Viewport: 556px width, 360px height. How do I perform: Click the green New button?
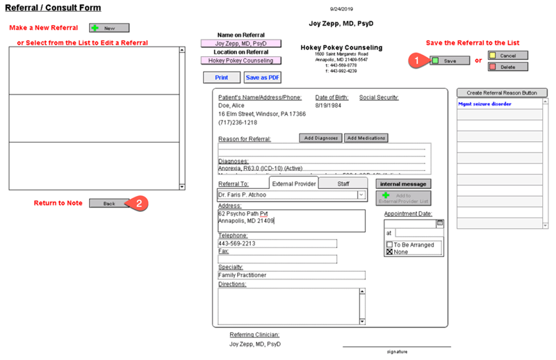109,28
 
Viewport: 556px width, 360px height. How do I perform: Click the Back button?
109,204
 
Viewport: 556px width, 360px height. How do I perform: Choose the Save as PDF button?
263,78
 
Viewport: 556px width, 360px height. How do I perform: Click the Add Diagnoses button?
321,138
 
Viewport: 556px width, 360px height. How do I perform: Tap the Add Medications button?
366,138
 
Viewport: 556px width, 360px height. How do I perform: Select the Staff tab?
343,183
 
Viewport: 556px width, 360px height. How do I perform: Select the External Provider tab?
294,183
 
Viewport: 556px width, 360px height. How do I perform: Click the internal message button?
403,183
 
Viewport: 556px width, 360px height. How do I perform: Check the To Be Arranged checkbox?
390,245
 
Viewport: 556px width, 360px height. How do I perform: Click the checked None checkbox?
390,252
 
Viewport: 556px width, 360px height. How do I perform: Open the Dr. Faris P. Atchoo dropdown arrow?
361,196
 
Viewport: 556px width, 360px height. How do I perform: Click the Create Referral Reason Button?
502,92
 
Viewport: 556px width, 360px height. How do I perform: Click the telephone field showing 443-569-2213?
277,244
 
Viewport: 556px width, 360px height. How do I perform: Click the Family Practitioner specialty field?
291,275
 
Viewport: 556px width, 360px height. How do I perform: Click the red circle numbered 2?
139,204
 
